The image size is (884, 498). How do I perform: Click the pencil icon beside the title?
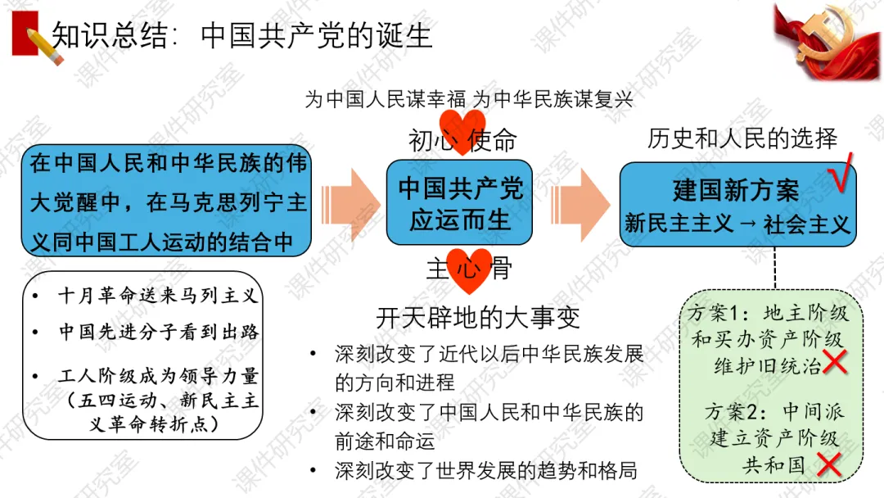point(43,43)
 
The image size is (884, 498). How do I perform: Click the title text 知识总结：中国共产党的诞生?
point(242,36)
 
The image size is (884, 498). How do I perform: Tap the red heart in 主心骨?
point(468,269)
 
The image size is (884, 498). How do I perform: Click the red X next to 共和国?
point(830,464)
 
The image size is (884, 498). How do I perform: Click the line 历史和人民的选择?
point(742,138)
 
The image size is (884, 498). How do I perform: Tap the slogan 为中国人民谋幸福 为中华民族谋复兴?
point(469,100)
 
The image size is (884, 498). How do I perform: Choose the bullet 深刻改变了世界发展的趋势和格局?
point(485,470)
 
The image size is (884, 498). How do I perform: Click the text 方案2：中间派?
point(774,411)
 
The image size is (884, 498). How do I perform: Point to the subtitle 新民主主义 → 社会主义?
point(737,223)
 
